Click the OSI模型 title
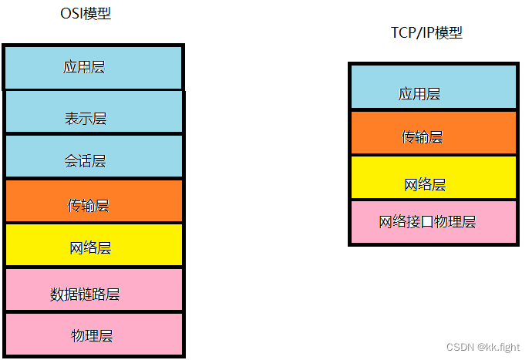coord(85,13)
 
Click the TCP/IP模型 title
coord(426,32)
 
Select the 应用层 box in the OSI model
coord(93,68)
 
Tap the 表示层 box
coord(93,113)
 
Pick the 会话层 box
coord(93,156)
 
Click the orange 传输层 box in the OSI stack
coord(93,201)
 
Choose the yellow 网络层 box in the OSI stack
coord(93,245)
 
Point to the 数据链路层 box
coord(93,290)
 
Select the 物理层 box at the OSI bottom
coord(93,334)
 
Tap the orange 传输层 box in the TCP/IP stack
coord(433,133)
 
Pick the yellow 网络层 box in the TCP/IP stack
coord(433,177)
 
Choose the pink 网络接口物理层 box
coord(433,222)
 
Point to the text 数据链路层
coord(85,294)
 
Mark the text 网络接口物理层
coord(427,222)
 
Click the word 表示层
coord(86,119)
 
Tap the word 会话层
coord(85,161)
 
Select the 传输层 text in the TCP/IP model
coord(422,137)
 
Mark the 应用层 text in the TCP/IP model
coord(419,94)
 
